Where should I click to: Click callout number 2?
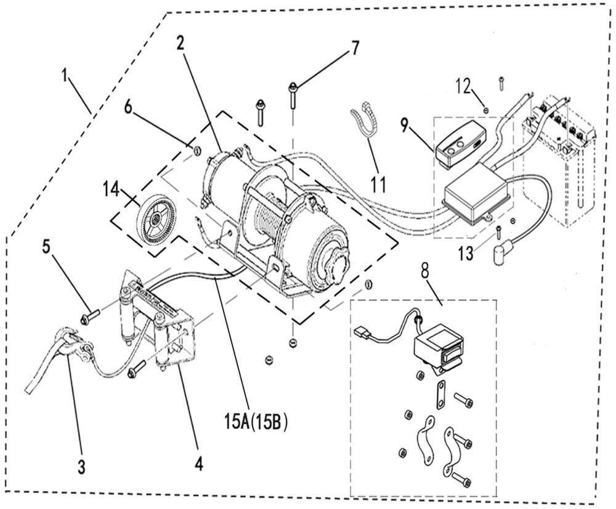click(x=180, y=43)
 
